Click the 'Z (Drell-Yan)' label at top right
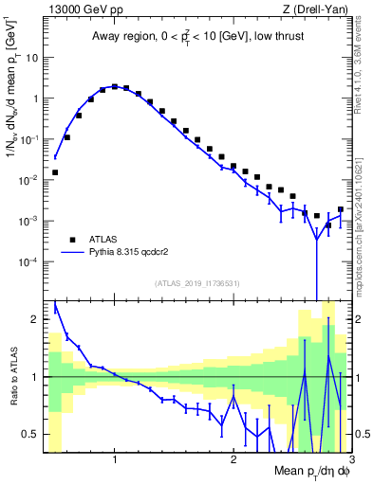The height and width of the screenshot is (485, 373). [307, 10]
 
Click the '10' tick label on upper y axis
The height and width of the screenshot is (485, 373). [31, 57]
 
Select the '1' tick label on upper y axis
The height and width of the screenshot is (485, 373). [35, 98]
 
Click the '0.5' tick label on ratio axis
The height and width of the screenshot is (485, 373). [30, 434]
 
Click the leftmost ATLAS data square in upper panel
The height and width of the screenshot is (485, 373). [55, 172]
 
